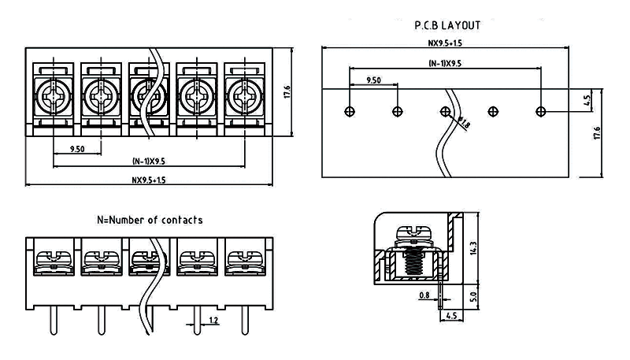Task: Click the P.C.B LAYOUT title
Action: coord(447,25)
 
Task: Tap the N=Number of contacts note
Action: coord(150,220)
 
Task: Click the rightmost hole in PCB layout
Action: coord(541,111)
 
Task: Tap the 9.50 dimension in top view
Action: coord(77,148)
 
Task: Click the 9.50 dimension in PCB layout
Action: coord(374,80)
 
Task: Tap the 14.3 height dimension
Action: coord(473,250)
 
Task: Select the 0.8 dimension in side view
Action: coord(425,295)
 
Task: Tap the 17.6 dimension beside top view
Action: coord(287,91)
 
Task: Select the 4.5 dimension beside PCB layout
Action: coord(587,101)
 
